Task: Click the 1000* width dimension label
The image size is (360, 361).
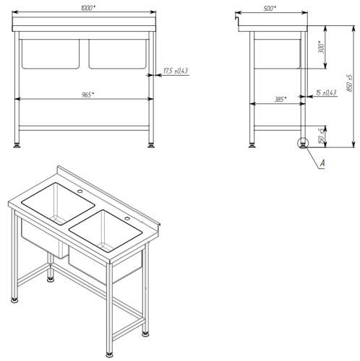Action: pos(87,8)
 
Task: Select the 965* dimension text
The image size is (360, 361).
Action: pos(87,95)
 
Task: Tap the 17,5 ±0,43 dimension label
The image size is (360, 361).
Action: pos(176,71)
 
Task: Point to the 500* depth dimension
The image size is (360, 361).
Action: pos(270,9)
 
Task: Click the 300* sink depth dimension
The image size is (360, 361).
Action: pos(321,47)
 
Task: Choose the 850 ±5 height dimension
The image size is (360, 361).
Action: pos(350,83)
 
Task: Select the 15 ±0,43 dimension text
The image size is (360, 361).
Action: pos(326,92)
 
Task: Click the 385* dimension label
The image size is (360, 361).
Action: pos(280,99)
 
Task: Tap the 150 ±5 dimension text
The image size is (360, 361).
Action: pos(321,136)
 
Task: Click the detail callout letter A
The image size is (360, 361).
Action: pos(322,163)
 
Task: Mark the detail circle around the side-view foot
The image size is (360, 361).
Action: pos(303,143)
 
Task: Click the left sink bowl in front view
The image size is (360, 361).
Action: pos(51,54)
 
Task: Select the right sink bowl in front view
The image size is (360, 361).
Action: pos(118,54)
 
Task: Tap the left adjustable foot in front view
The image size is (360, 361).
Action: pos(17,145)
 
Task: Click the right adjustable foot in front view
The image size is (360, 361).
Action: pos(151,145)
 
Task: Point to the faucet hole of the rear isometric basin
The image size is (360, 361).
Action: pos(80,191)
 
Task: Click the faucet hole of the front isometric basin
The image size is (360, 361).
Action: pos(127,219)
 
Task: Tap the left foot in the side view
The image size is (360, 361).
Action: pos(252,145)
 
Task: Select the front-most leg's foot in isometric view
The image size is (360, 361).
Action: pos(109,355)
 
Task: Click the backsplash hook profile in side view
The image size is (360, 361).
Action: pos(236,19)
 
